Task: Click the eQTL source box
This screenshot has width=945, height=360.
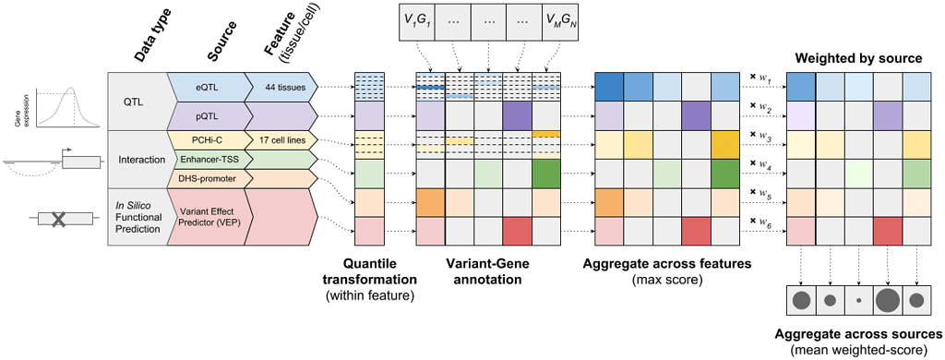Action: click(x=205, y=87)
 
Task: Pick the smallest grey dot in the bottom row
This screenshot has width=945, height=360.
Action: click(x=859, y=300)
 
